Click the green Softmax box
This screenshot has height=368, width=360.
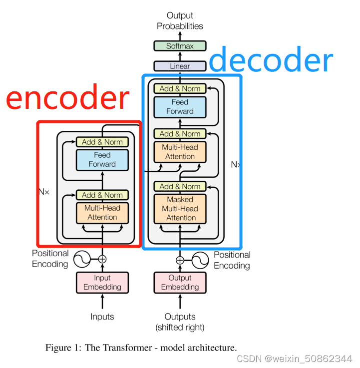point(180,46)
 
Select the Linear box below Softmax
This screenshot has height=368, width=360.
point(180,66)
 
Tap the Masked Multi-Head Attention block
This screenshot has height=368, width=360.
point(180,209)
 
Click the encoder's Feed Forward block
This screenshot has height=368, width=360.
point(102,160)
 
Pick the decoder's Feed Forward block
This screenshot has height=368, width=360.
point(180,106)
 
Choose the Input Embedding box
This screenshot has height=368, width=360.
point(102,282)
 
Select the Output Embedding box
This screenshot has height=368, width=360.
point(180,282)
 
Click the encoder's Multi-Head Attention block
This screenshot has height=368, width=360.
point(102,213)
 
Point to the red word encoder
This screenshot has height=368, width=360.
point(67,98)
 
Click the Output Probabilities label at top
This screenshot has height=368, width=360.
point(180,20)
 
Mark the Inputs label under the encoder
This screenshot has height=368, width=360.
point(102,317)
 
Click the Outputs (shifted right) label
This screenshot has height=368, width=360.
point(180,322)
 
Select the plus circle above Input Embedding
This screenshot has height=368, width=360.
point(102,259)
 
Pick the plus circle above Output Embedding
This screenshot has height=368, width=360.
point(180,260)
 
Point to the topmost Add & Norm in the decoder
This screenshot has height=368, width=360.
point(180,88)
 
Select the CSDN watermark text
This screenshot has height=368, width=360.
point(294,359)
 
